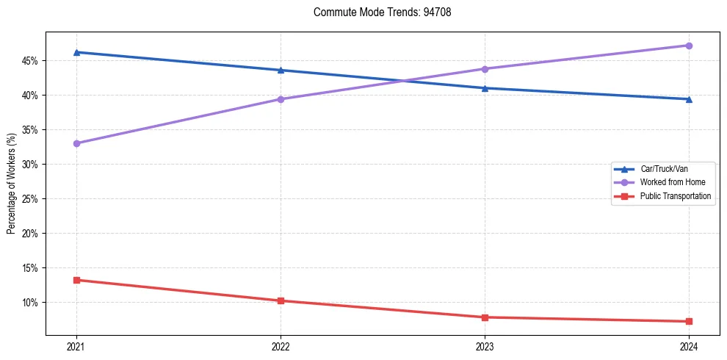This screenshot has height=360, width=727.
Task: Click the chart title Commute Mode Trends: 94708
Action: click(377, 12)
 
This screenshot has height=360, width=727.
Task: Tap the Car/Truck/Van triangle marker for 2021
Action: click(76, 52)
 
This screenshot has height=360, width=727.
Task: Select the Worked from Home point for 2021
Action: click(76, 143)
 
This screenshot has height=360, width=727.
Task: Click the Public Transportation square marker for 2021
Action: click(76, 280)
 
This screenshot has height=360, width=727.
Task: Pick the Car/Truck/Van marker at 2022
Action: click(281, 70)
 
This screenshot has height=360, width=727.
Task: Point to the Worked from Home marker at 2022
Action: click(281, 99)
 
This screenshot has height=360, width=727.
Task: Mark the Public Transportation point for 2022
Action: click(281, 300)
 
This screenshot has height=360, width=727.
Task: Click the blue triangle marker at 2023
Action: click(485, 88)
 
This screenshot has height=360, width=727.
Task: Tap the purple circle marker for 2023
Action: click(485, 69)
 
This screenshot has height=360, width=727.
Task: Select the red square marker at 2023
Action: click(485, 317)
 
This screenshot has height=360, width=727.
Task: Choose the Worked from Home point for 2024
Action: click(689, 46)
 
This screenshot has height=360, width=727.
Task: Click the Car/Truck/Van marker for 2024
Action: click(689, 99)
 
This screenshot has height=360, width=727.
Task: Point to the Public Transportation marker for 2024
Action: click(689, 321)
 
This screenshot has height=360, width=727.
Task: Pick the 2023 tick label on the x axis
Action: click(485, 346)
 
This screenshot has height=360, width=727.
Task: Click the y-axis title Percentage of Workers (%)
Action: click(12, 184)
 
